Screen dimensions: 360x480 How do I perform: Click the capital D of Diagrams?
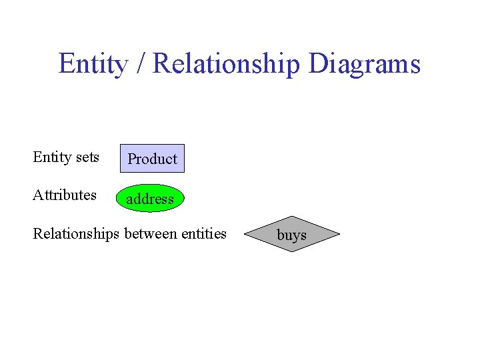[318, 64]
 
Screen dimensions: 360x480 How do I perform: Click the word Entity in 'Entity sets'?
[52, 157]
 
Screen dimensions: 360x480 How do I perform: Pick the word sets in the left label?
[87, 158]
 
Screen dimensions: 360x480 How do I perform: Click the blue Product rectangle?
[152, 159]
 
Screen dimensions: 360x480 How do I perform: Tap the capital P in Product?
[132, 159]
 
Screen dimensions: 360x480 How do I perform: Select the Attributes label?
[65, 195]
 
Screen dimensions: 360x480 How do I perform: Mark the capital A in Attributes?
[38, 195]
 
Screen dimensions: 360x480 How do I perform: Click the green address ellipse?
[150, 199]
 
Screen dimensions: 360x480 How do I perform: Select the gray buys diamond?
[291, 235]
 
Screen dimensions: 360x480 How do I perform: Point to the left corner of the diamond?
[245, 235]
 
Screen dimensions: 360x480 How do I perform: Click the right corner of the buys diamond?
[339, 235]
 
